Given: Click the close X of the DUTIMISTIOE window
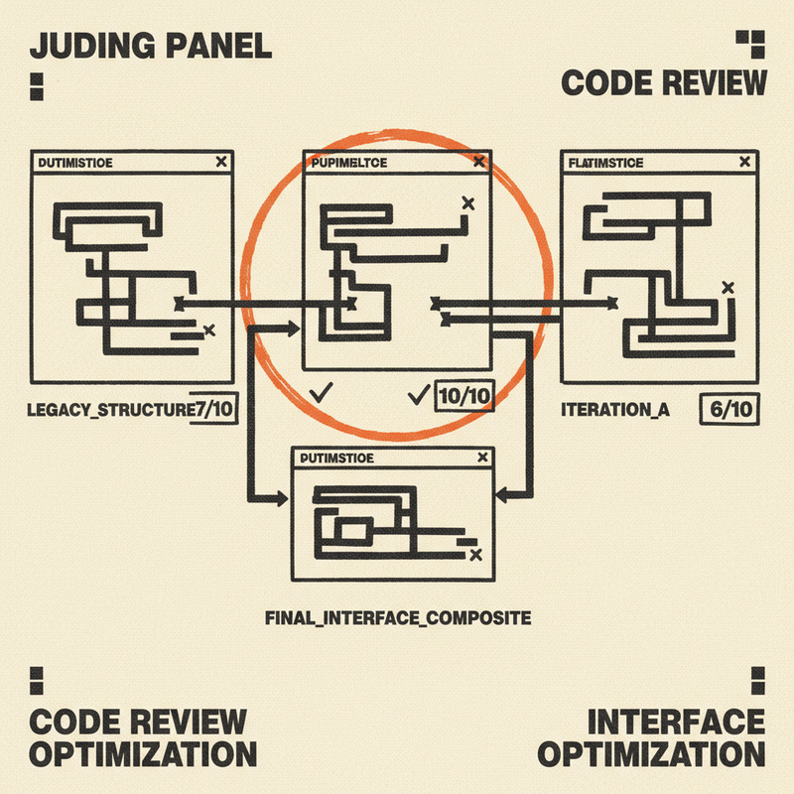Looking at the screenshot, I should (x=220, y=161).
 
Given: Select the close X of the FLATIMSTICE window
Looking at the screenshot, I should (x=743, y=161).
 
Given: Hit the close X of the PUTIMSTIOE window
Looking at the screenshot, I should (x=482, y=458).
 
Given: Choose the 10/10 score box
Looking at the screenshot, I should (x=463, y=398).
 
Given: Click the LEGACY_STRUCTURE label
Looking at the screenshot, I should (x=108, y=408).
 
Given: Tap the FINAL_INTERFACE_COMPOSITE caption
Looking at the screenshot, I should (x=397, y=617).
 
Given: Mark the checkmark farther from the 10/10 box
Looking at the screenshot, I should (x=320, y=393).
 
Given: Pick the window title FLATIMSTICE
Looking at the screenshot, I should (x=607, y=162).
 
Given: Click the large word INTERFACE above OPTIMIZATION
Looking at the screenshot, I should (x=676, y=721).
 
